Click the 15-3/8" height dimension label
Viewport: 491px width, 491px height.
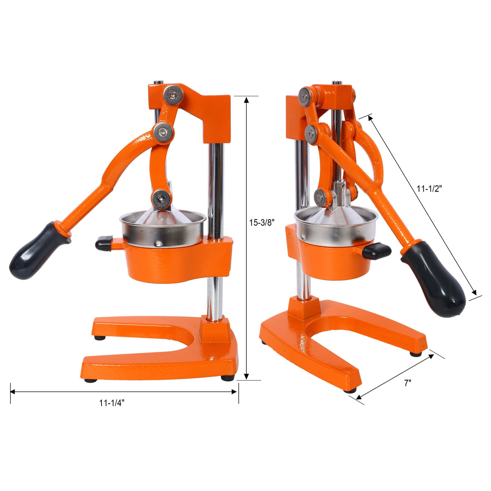coord(262,222)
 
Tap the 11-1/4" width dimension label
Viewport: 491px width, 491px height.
coord(112,403)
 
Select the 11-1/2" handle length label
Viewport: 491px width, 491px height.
coord(430,188)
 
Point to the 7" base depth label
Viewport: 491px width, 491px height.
coord(408,383)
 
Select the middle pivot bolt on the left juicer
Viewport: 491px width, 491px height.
coord(163,131)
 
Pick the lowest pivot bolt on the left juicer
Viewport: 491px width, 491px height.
coord(162,199)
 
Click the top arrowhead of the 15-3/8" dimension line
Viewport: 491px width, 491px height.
coord(246,99)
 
